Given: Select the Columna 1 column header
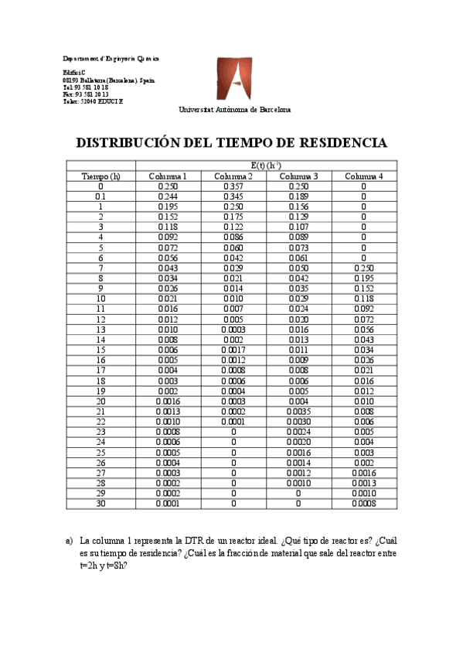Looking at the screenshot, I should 168,176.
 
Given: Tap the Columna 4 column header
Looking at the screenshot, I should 364,176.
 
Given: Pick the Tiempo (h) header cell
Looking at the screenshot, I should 100,176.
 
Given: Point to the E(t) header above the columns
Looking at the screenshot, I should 266,166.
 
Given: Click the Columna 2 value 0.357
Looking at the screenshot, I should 233,186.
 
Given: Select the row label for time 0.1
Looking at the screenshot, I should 100,196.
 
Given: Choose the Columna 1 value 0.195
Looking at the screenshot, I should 168,207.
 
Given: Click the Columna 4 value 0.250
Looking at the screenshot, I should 364,268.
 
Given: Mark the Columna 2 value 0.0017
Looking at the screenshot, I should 233,349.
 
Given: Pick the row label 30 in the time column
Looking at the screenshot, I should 100,503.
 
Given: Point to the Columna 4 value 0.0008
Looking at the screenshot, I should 364,503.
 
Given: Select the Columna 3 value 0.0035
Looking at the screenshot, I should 298,411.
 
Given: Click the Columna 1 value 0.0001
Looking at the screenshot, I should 168,503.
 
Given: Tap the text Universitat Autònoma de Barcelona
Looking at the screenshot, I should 235,110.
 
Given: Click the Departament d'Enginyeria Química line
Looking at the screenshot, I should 111,59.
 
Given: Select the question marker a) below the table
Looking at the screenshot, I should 69,541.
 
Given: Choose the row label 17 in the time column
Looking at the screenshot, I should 100,370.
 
